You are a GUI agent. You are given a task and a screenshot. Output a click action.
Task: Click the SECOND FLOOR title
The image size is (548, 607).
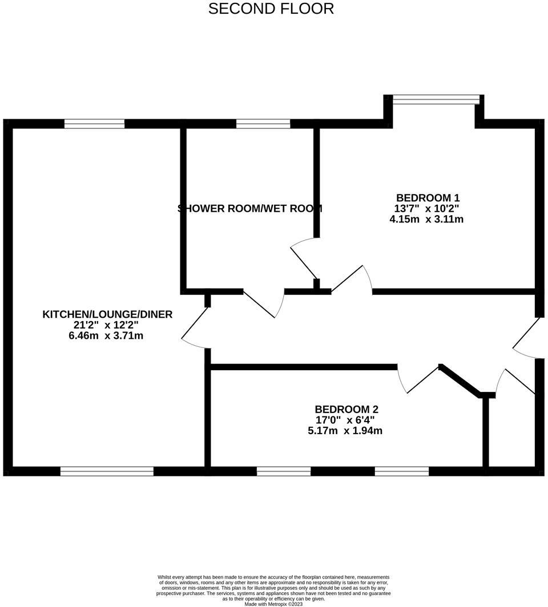click(271, 9)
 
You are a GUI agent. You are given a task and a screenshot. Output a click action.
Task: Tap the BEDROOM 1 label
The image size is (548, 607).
click(428, 198)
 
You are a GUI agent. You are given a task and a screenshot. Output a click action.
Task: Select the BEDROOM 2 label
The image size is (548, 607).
click(346, 409)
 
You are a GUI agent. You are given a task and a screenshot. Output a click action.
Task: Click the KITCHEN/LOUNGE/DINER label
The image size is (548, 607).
click(107, 314)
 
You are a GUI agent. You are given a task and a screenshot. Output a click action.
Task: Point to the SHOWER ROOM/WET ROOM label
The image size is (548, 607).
click(251, 208)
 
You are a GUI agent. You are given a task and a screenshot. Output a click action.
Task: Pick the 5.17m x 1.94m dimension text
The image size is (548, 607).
click(345, 431)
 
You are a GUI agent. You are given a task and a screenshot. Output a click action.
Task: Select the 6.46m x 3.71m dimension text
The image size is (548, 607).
click(106, 335)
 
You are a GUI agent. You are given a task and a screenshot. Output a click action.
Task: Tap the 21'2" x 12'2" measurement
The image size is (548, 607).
click(106, 325)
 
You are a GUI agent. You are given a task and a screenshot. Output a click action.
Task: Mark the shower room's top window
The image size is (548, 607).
click(263, 123)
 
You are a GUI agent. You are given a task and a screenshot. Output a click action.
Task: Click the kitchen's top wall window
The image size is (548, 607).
click(95, 123)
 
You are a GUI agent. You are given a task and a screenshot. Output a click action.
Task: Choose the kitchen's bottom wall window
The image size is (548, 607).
click(107, 471)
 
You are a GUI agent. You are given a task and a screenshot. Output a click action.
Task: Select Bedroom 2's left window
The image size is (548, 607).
click(284, 471)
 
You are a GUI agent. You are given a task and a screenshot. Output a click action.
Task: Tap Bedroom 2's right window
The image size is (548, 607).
click(402, 471)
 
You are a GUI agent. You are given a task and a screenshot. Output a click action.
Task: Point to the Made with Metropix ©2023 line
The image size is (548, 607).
click(273, 604)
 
